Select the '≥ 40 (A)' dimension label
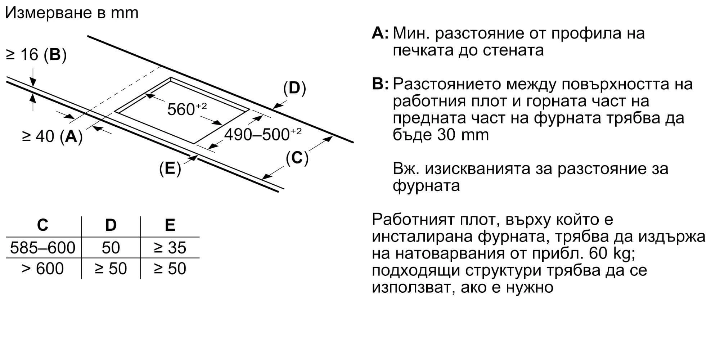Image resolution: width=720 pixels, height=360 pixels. (52, 136)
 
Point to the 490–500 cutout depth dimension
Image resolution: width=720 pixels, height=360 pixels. (262, 135)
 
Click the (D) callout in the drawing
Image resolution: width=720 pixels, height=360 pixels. (294, 88)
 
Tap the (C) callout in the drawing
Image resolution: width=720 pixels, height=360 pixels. (297, 158)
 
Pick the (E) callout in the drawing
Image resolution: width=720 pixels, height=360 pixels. (170, 168)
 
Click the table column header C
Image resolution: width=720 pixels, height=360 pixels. (42, 225)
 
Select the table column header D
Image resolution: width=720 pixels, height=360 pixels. (111, 225)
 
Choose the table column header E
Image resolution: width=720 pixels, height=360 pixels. (170, 225)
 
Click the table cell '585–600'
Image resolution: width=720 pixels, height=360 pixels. (42, 248)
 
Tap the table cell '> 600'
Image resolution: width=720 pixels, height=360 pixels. (42, 269)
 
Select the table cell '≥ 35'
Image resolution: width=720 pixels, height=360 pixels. (170, 248)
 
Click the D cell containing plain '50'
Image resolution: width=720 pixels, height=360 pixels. (111, 248)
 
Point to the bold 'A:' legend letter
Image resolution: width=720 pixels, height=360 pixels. (380, 33)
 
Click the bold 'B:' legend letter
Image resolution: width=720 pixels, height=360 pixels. (380, 84)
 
